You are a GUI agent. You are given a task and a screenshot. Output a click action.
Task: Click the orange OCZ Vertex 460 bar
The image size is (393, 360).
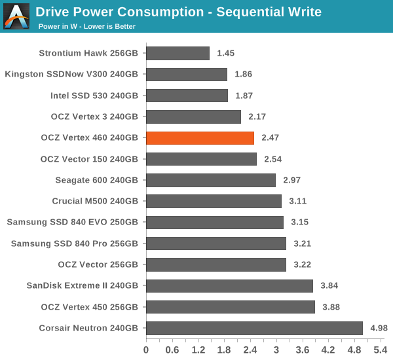(200, 138)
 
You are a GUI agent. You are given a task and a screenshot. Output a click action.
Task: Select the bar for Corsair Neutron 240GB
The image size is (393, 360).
(254, 328)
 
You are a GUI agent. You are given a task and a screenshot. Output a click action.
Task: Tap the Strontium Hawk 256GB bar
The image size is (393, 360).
(178, 54)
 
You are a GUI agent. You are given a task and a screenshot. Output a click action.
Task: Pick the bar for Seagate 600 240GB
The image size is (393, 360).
(210, 180)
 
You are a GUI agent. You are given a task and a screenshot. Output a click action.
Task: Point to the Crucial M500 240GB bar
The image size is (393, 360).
(214, 201)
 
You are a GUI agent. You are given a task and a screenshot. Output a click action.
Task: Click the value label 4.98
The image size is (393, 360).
(379, 328)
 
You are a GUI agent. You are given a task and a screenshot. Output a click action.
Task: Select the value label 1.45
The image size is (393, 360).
(226, 54)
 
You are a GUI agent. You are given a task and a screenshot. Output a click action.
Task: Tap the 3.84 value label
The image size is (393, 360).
(329, 286)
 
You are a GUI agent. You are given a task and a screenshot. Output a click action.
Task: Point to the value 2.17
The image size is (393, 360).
(257, 117)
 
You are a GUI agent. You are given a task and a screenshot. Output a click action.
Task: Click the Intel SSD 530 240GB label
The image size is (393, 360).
(94, 96)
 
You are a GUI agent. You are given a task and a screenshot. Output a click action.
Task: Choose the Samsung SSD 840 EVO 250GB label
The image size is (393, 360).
(73, 222)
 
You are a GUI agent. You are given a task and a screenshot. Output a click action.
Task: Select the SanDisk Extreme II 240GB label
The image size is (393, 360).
(83, 285)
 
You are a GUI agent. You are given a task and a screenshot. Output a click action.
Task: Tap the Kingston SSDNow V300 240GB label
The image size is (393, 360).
(71, 75)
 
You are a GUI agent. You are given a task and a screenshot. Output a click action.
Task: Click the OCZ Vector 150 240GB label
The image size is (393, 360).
(89, 159)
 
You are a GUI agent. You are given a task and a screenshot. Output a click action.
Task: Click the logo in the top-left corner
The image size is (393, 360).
(16, 16)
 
